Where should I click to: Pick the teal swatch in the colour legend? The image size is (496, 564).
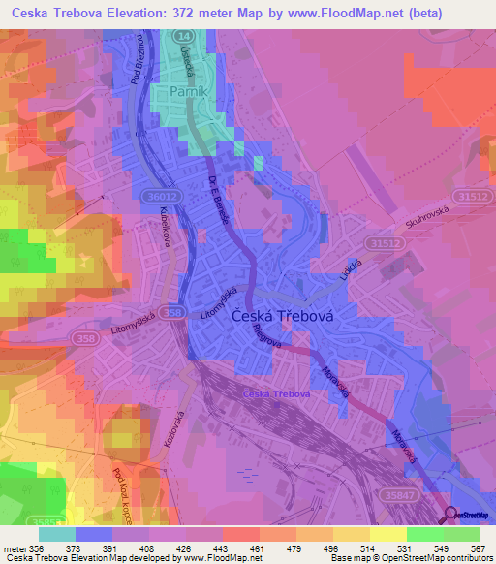[x=56, y=534]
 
